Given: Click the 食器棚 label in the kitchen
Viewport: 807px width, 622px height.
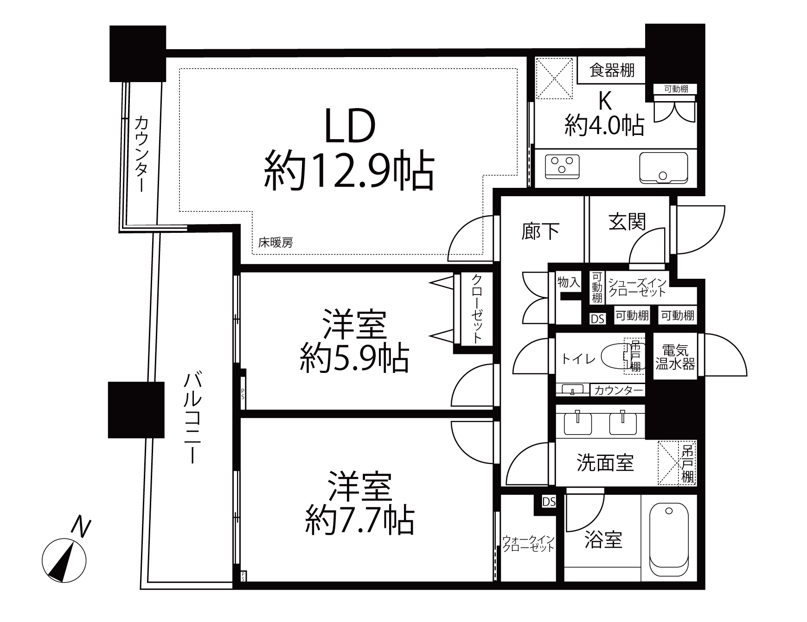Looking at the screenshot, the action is [612, 71].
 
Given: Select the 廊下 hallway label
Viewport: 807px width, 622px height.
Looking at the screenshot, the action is [540, 231].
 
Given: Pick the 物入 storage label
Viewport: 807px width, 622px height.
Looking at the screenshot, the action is [569, 282].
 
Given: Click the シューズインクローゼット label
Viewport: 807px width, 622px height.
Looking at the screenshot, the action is [637, 287].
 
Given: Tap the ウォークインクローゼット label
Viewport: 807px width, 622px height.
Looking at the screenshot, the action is [528, 543].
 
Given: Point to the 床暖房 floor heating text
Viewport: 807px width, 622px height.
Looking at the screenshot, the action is [275, 243].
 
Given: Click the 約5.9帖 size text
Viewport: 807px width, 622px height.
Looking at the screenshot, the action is [355, 359].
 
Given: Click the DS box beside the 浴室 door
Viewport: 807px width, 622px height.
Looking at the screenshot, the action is [549, 502].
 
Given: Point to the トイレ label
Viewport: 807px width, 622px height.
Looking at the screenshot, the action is [578, 359].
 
